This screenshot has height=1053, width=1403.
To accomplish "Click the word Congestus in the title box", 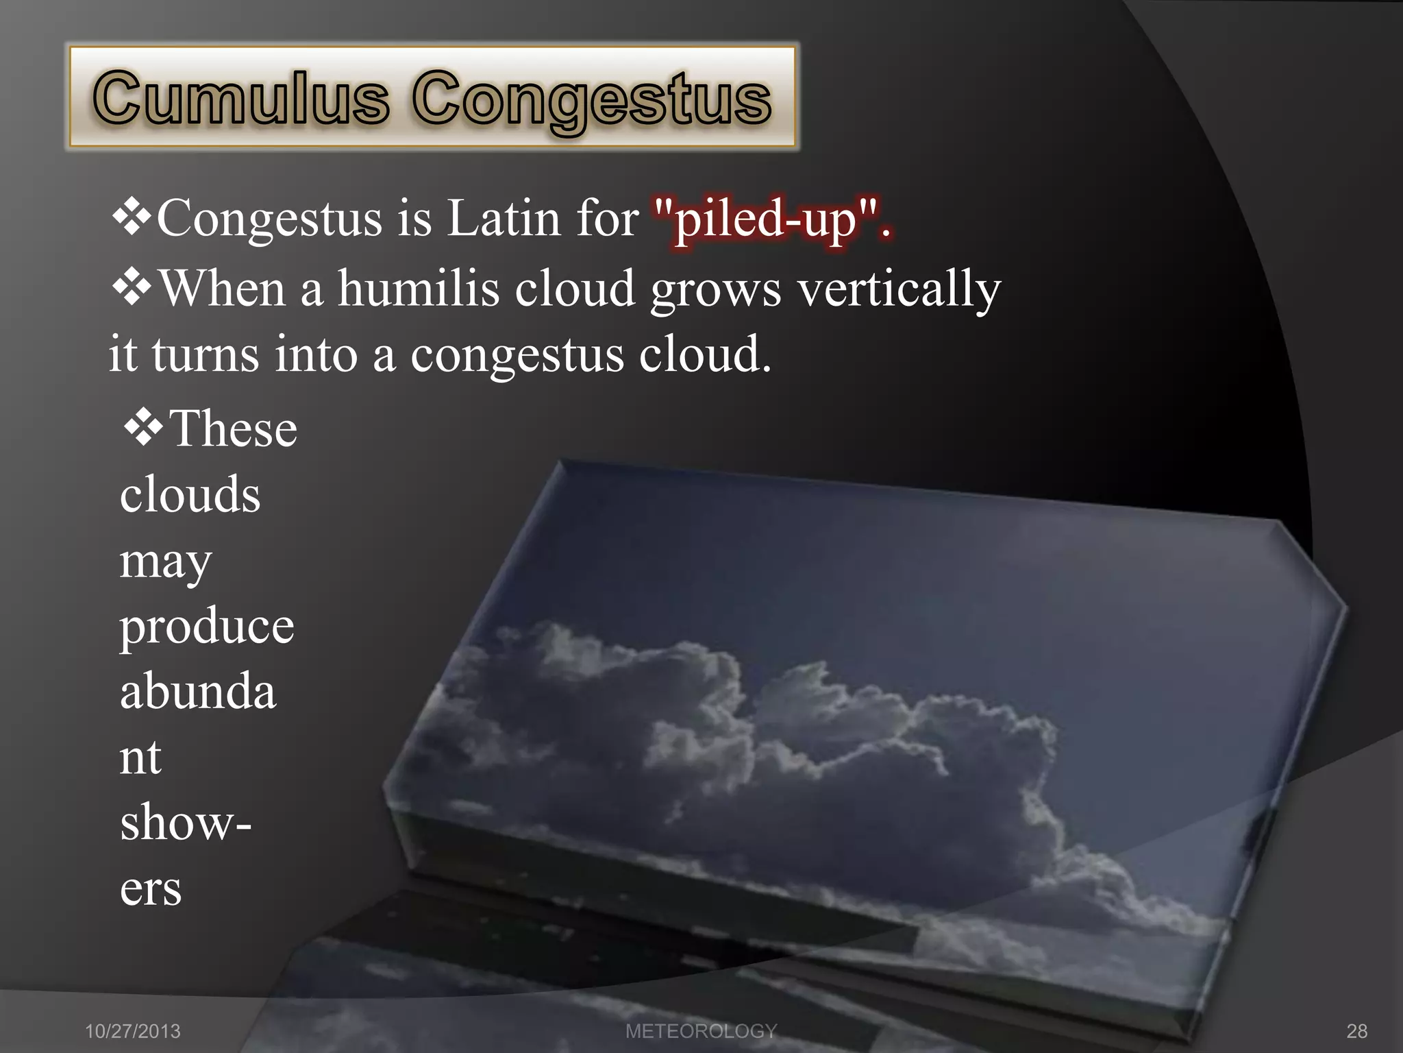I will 592,101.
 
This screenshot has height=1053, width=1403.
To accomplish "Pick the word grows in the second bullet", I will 715,291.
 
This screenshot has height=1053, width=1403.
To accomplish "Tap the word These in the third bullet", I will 233,428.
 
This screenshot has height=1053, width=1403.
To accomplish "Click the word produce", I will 207,628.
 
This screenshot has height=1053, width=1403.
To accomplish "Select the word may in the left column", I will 166,564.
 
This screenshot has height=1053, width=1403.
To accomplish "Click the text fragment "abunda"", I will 198,691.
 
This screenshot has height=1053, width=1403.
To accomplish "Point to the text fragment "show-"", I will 186,823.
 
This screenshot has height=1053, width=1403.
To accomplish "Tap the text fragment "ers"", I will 151,890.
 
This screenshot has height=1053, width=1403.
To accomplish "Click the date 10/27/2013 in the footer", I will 132,1031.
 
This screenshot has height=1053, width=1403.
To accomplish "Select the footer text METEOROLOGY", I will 701,1031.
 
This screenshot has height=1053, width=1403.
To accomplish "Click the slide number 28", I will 1357,1031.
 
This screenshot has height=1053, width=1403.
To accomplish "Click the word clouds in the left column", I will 190,494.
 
